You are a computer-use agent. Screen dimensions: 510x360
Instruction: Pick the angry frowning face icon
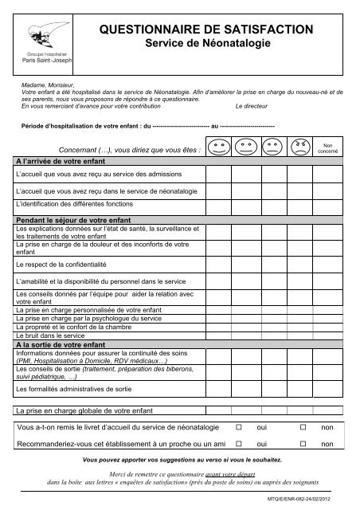click(x=300, y=147)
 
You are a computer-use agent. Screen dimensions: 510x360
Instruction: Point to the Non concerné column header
click(x=328, y=147)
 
